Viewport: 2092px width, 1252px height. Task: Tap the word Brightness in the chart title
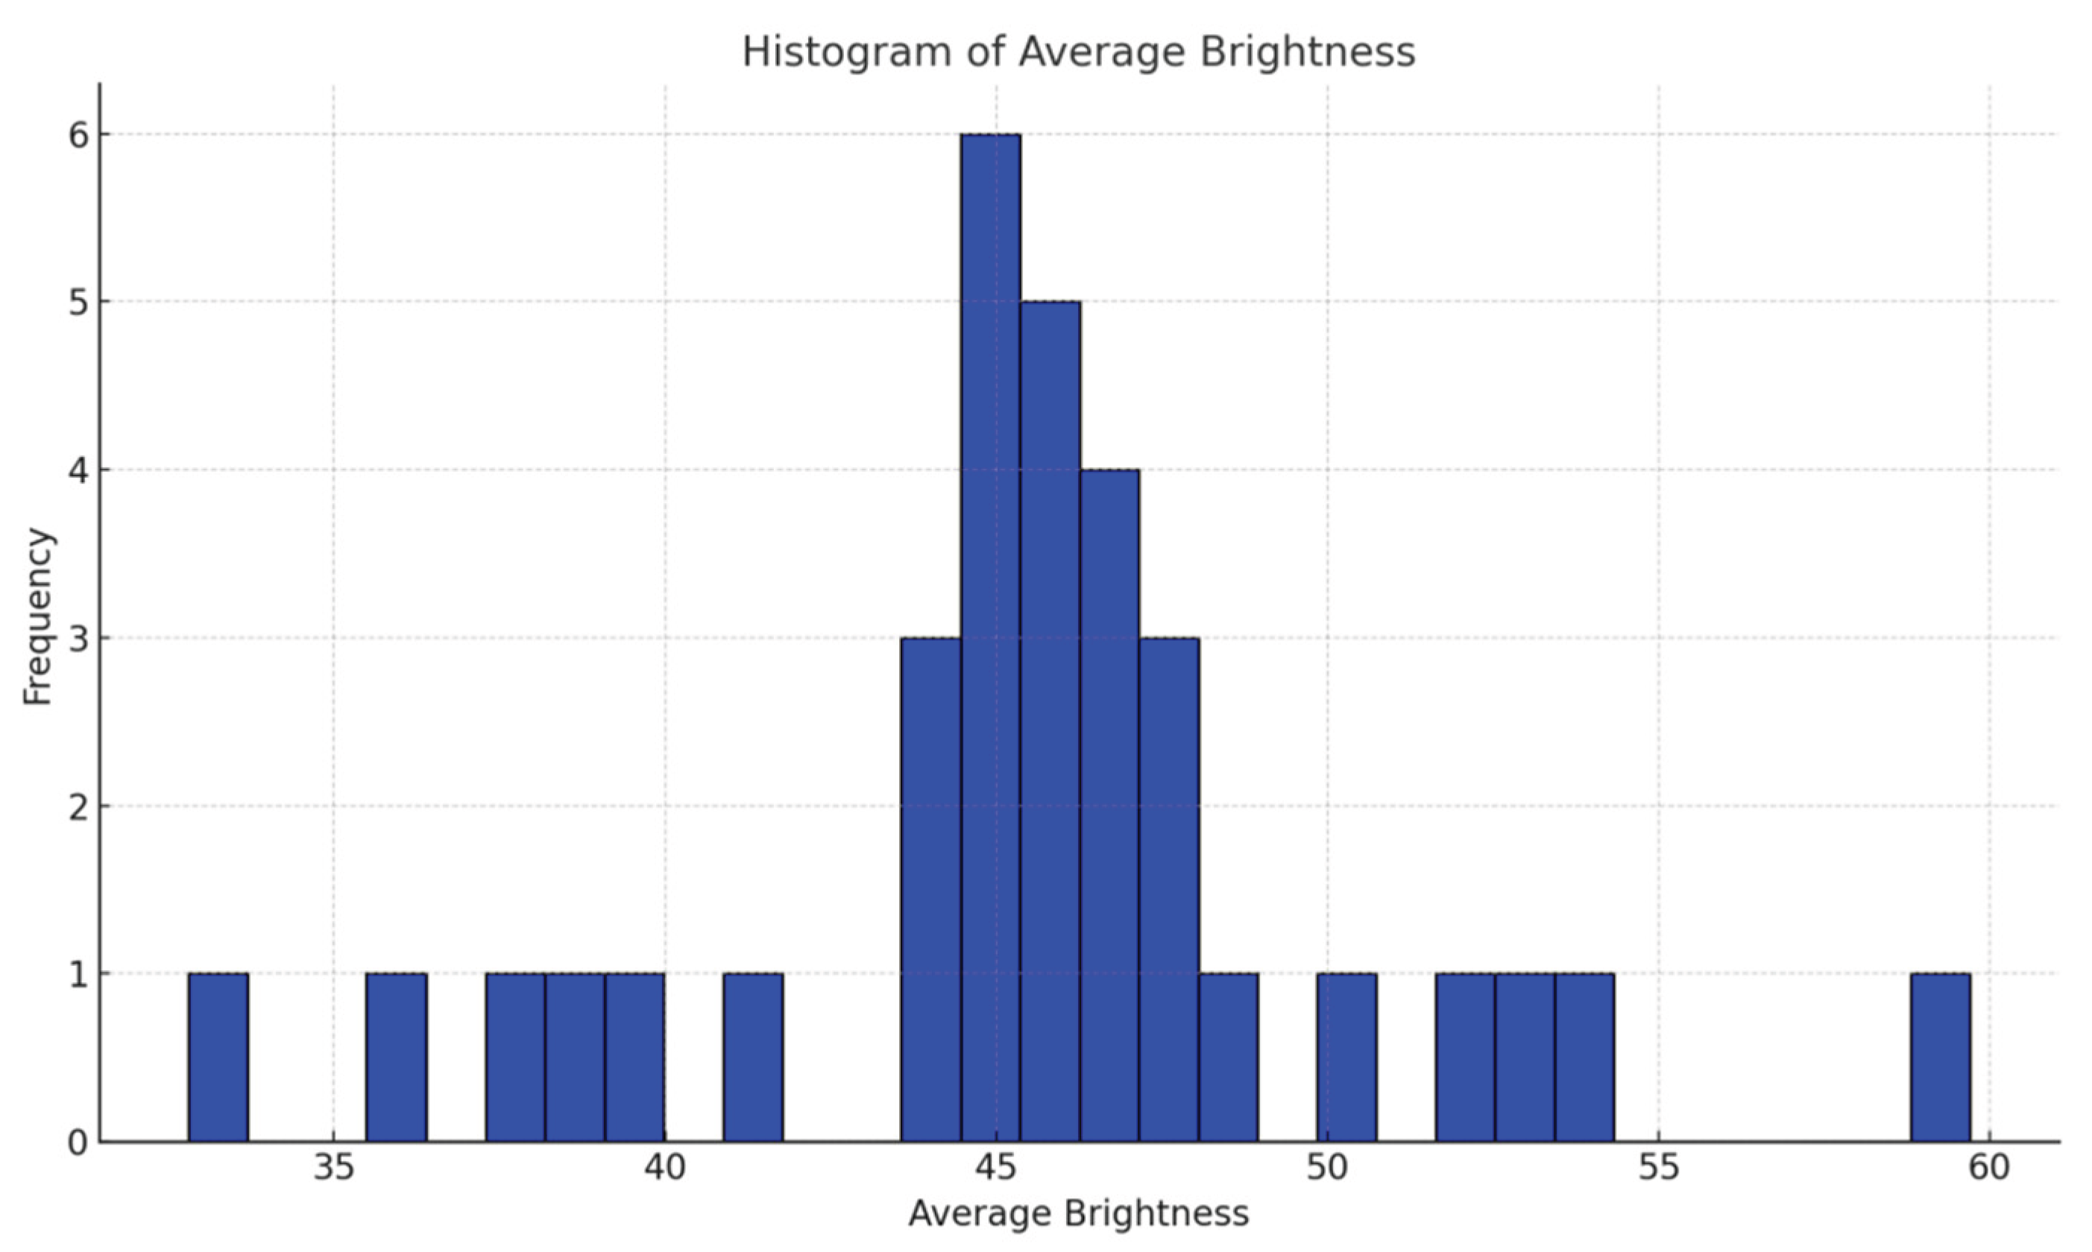(x=1306, y=52)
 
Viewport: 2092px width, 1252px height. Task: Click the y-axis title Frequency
(x=38, y=616)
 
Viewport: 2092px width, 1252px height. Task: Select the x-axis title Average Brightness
(x=1077, y=1213)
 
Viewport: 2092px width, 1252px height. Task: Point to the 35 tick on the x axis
(x=333, y=1169)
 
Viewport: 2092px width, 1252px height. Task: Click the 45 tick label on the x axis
(x=996, y=1169)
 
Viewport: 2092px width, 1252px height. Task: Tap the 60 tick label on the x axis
(x=1989, y=1169)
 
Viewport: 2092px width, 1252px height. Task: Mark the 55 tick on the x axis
(x=1658, y=1169)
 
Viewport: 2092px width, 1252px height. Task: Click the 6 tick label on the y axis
(x=78, y=135)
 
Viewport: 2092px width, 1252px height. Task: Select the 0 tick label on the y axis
(x=78, y=1143)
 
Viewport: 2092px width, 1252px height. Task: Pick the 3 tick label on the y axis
(x=78, y=639)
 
